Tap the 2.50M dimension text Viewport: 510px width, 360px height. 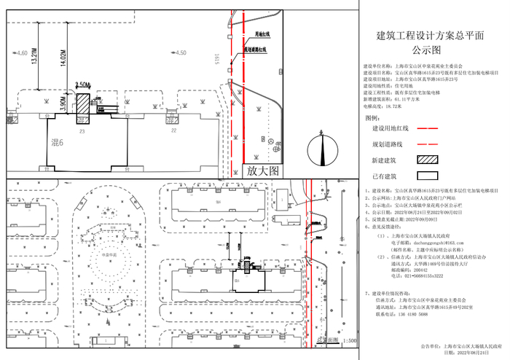[82, 85]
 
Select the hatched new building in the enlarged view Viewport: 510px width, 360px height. [82, 101]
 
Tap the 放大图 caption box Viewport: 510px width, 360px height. [262, 171]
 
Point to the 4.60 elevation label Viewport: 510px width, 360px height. [21, 54]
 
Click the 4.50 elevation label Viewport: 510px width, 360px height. [178, 53]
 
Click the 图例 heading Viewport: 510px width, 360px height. [372, 117]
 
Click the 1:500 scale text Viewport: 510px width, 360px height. [348, 340]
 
